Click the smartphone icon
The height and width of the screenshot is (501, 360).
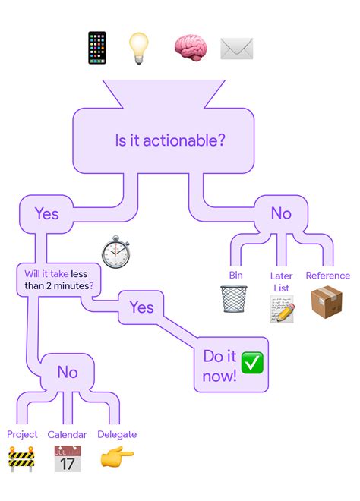97,48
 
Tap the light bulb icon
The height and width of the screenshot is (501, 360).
138,49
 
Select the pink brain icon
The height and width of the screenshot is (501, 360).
191,47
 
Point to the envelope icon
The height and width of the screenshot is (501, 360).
237,49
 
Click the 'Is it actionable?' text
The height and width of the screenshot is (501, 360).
170,140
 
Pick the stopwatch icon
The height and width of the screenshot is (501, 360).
115,252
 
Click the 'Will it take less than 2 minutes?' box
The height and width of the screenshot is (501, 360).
58,280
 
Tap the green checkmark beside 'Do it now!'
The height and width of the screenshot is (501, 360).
252,363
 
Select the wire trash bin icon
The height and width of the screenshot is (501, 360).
234,299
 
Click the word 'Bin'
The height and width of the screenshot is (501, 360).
236,275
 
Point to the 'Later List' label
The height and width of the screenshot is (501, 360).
281,282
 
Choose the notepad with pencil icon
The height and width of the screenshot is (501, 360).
282,309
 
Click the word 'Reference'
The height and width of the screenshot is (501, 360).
328,276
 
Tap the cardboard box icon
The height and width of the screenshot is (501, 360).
327,301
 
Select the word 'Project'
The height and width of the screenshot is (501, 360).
22,434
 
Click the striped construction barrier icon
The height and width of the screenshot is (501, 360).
21,459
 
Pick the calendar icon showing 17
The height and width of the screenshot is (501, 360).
68,458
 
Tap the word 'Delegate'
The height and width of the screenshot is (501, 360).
117,434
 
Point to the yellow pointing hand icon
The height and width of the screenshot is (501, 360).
117,457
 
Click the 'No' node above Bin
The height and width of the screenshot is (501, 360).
281,213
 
